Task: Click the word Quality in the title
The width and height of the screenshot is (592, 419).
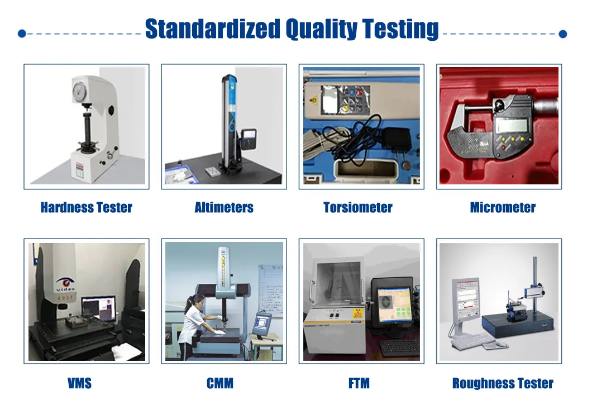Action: click(321, 29)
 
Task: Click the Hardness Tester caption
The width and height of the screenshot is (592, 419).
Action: click(87, 208)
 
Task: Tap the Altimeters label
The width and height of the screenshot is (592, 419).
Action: click(224, 208)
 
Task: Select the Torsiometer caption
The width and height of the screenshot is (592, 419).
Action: click(358, 208)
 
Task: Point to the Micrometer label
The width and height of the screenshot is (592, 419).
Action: click(503, 208)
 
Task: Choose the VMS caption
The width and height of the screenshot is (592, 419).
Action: click(79, 383)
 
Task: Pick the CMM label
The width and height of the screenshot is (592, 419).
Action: click(220, 383)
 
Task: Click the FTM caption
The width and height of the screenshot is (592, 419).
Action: click(359, 383)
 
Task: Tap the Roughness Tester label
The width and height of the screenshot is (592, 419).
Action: click(503, 383)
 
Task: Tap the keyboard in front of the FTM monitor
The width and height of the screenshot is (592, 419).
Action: click(399, 347)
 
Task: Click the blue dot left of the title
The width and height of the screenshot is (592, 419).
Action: click(22, 34)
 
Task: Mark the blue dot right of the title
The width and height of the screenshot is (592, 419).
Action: click(562, 34)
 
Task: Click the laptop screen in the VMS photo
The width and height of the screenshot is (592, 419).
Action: click(98, 308)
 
